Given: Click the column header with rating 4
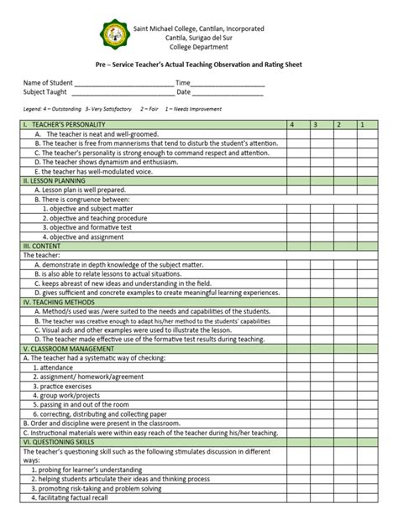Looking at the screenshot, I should click(x=291, y=124).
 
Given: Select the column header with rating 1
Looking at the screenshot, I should click(x=361, y=124).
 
